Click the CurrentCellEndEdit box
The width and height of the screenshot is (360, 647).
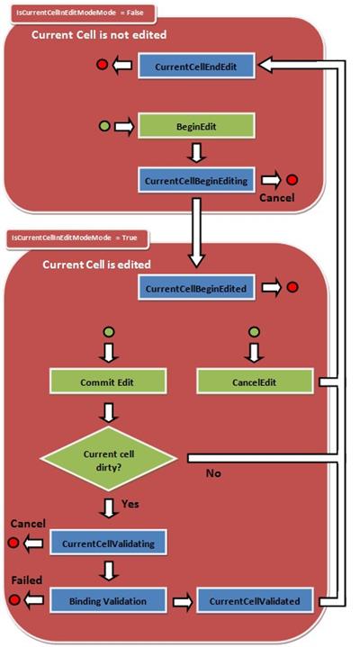[x=196, y=66]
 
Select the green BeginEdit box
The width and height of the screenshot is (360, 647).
[x=196, y=126]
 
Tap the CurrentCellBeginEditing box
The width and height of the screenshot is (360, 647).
[x=196, y=180]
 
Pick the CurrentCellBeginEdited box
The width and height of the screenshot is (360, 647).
[x=196, y=288]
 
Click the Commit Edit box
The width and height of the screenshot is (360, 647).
[x=108, y=382]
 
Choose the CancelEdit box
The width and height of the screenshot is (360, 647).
[x=254, y=382]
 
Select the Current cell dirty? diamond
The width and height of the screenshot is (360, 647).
[x=109, y=458]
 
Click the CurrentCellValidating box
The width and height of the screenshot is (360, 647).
[x=108, y=543]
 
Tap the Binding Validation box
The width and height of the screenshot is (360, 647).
[x=108, y=600]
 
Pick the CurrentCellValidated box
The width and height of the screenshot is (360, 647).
[x=255, y=600]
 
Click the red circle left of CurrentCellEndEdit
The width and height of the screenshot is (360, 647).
[x=102, y=65]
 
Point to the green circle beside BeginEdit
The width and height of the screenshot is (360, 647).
[x=105, y=126]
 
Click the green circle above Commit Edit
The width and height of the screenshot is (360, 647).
[x=108, y=331]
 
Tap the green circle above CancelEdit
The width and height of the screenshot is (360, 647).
[x=255, y=331]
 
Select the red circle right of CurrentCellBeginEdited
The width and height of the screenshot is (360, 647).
[x=292, y=287]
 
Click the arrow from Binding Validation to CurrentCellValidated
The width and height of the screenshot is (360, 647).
[x=181, y=602]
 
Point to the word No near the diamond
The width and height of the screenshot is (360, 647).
[x=213, y=472]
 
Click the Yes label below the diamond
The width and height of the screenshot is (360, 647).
[x=130, y=504]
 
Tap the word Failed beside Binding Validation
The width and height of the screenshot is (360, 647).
[x=27, y=580]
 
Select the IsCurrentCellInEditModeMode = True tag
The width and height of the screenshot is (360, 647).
[x=77, y=238]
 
